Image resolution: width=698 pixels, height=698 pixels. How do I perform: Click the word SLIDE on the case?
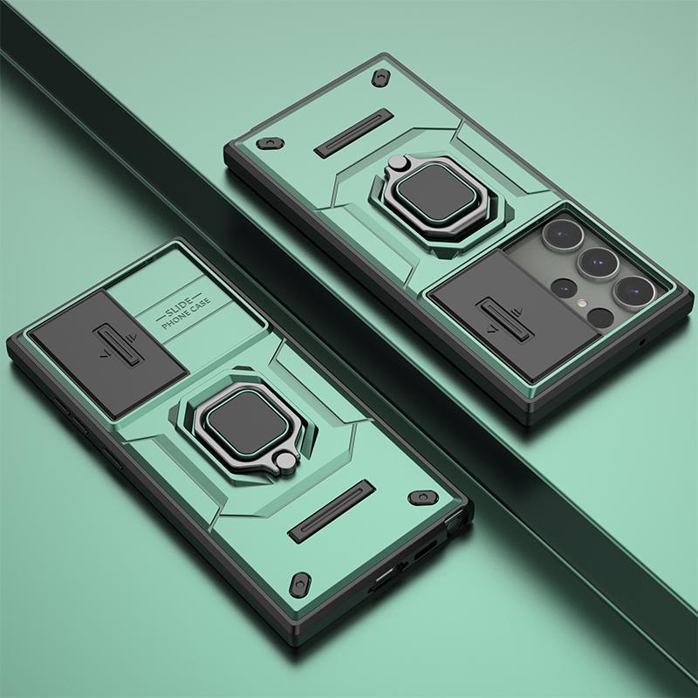179,307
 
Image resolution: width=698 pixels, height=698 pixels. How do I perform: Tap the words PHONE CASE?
186,314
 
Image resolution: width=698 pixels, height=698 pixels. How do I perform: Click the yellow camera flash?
581,304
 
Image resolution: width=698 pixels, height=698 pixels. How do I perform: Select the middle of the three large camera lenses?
598,263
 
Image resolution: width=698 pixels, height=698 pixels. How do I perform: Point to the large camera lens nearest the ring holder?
563,235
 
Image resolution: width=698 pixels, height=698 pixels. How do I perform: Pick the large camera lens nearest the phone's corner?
634,291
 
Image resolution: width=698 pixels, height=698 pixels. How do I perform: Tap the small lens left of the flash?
564,287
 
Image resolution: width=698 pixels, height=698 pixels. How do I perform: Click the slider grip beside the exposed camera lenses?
504,319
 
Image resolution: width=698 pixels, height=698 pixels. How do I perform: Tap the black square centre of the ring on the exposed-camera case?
437,192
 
